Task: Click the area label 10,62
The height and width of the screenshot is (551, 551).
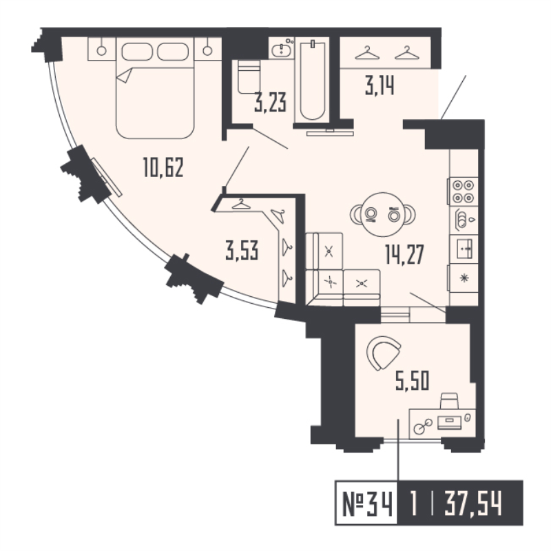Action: coord(163,167)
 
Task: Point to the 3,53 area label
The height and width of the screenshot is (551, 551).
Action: coord(242,251)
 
